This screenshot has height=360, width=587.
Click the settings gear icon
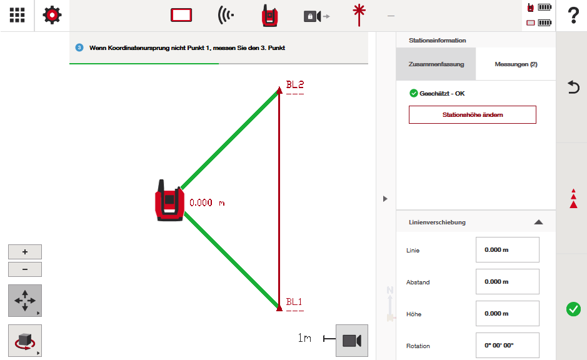(x=52, y=16)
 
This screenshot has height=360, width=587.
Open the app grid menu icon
(x=18, y=16)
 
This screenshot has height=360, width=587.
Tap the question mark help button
(x=573, y=16)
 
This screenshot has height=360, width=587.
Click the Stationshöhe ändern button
(x=473, y=114)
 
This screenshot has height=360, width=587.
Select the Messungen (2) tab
(x=516, y=64)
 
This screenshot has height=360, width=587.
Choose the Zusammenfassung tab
(x=436, y=64)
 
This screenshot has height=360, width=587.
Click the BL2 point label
(x=295, y=84)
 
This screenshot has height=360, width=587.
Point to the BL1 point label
(x=294, y=302)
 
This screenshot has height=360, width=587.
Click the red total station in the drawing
(x=169, y=201)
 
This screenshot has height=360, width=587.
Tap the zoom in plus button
(x=25, y=252)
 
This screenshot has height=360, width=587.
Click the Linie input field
(x=507, y=249)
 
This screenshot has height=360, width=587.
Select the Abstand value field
(x=507, y=281)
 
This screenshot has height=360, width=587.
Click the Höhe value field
(x=507, y=313)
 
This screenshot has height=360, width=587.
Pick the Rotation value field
(x=507, y=345)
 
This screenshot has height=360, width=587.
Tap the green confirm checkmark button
(x=573, y=309)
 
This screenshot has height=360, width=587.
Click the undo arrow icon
(x=573, y=87)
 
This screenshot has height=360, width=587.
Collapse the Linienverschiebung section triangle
(x=538, y=222)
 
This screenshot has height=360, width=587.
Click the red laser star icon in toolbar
(x=359, y=16)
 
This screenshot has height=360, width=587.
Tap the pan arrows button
(x=25, y=301)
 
